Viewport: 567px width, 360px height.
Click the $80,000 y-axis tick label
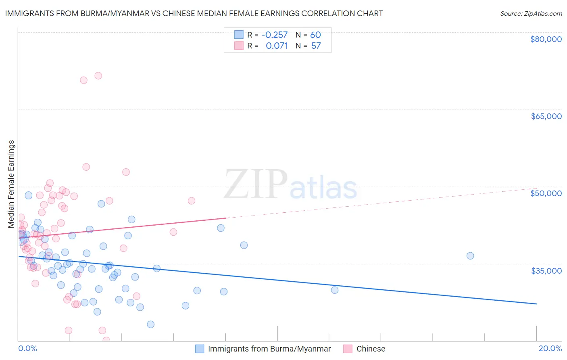click(x=546, y=39)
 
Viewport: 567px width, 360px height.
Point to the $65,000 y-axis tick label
click(x=546, y=116)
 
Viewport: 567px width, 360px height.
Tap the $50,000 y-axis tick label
click(x=546, y=193)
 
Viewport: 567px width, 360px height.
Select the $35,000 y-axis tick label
click(x=546, y=270)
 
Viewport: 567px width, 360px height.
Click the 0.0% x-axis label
click(x=27, y=348)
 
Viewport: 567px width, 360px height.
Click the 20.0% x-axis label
click(x=550, y=348)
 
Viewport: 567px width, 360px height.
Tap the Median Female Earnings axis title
click(x=11, y=184)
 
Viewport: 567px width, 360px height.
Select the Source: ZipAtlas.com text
click(x=531, y=13)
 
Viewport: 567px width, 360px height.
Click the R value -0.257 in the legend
click(x=274, y=35)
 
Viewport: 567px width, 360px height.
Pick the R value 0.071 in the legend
click(x=277, y=46)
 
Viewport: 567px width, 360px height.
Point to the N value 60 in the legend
click(x=315, y=35)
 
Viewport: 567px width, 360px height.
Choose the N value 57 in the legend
click(x=316, y=46)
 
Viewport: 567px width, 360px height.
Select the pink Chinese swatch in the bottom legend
click(x=348, y=349)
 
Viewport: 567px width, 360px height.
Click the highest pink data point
click(x=98, y=75)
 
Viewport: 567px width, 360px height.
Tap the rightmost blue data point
click(x=470, y=255)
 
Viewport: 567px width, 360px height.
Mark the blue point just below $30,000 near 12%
click(x=334, y=290)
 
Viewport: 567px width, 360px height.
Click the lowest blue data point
click(x=150, y=324)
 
